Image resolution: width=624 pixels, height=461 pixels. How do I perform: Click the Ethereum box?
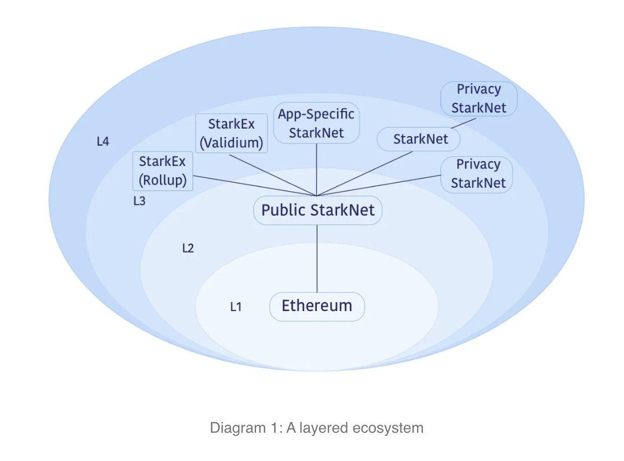tap(317, 306)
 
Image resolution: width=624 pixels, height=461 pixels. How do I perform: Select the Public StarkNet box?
tap(317, 210)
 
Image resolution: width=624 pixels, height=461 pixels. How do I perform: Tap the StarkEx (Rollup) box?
tap(163, 171)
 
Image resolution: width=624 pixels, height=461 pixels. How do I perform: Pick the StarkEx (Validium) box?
tap(231, 133)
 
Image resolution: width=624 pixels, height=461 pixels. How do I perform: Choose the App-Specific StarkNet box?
tap(317, 123)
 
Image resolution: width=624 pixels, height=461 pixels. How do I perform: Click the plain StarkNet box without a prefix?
tap(419, 140)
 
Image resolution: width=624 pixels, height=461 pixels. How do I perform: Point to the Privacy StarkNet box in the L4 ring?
tap(479, 98)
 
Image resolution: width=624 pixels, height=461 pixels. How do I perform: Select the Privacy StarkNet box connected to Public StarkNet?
tap(476, 174)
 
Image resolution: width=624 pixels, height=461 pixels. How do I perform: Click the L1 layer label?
tap(236, 307)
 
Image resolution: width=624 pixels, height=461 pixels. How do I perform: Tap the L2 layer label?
tap(188, 248)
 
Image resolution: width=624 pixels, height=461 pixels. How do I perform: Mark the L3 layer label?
tap(139, 202)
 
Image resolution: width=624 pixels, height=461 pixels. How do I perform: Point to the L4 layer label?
tap(103, 142)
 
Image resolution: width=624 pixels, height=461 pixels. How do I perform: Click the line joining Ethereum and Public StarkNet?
tap(317, 259)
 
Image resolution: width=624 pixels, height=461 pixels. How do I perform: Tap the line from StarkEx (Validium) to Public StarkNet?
tap(272, 174)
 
